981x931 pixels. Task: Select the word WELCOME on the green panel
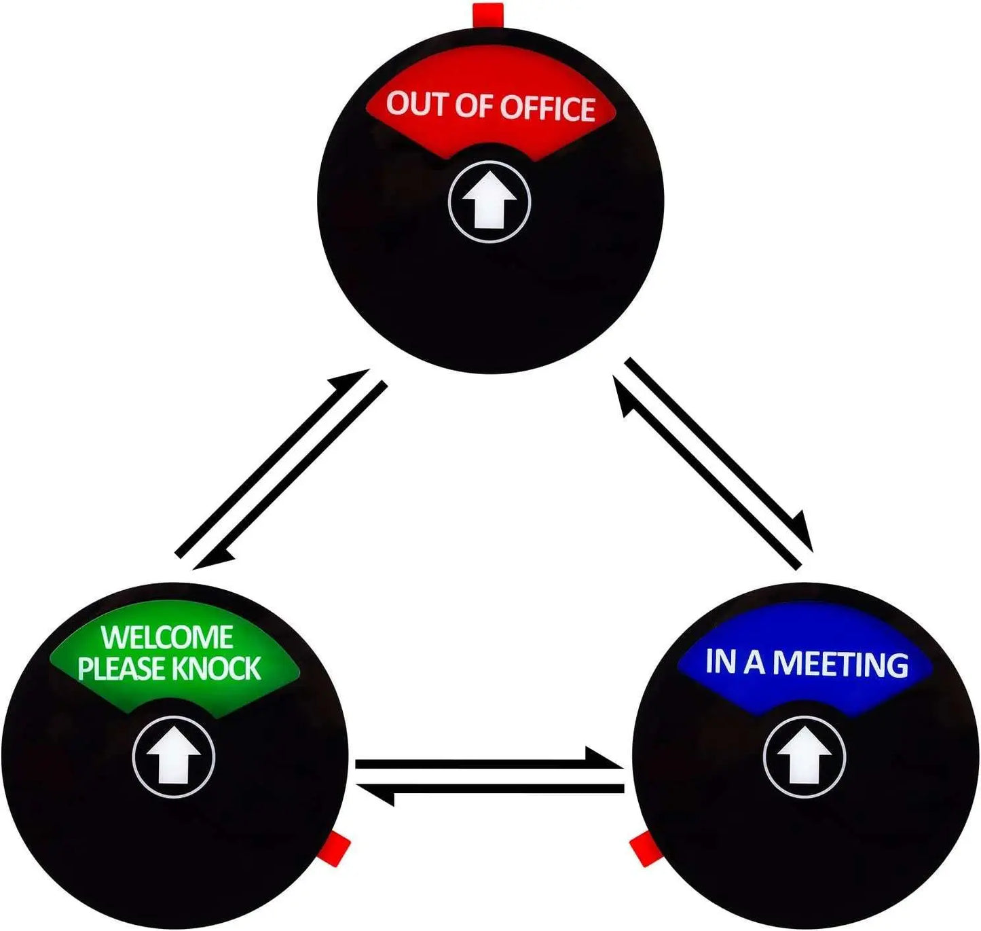pyautogui.click(x=167, y=638)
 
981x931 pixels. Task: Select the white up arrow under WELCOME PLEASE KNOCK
pyautogui.click(x=174, y=757)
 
